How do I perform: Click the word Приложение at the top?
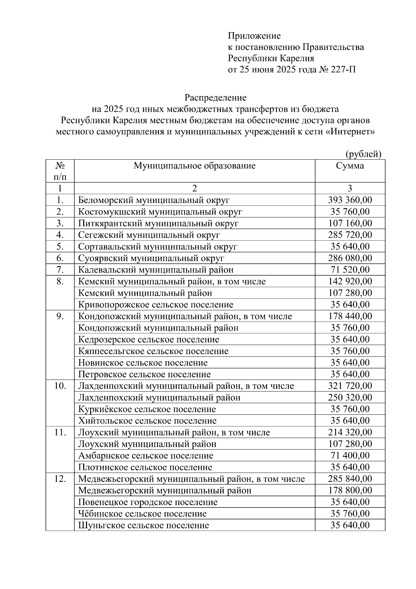pos(254,36)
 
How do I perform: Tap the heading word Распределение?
pos(215,98)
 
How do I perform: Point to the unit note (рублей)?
pos(363,154)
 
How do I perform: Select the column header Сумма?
pos(350,166)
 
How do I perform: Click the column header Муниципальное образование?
pos(194,166)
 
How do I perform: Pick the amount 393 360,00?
pos(350,200)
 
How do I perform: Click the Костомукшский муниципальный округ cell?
pos(160,212)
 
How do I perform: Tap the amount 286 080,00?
pos(350,258)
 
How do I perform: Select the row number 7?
pos(60,270)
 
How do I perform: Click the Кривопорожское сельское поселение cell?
pos(156,305)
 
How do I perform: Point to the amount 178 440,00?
pos(350,316)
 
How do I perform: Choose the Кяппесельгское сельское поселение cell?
pos(153,351)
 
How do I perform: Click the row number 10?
pos(60,386)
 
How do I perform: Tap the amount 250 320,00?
pos(350,397)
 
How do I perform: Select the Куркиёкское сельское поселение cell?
pos(147,409)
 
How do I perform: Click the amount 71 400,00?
pos(350,456)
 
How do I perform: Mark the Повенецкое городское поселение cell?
pos(148,502)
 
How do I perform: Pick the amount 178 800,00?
pos(350,490)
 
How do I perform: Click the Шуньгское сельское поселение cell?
pos(144,525)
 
